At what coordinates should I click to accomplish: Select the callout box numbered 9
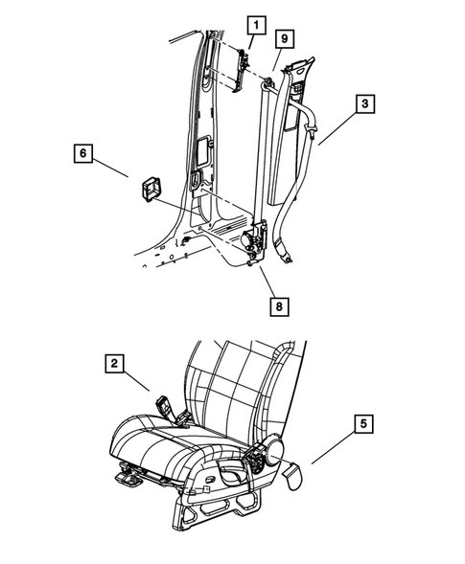click(284, 39)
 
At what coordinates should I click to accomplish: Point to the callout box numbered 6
click(81, 152)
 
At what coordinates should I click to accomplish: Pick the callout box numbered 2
click(115, 363)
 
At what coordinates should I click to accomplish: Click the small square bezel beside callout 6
click(149, 188)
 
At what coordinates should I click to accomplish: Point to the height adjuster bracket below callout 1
click(242, 67)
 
